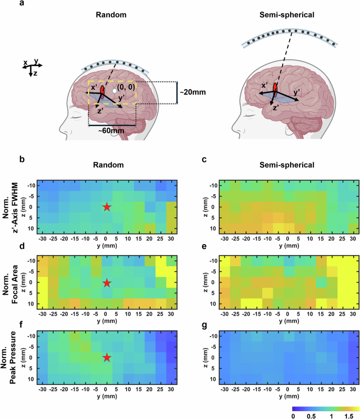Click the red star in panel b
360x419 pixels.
pos(107,207)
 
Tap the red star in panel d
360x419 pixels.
pos(107,282)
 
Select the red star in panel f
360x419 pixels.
pos(107,358)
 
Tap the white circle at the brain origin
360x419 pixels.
pos(115,92)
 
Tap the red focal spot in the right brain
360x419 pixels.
pos(274,89)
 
